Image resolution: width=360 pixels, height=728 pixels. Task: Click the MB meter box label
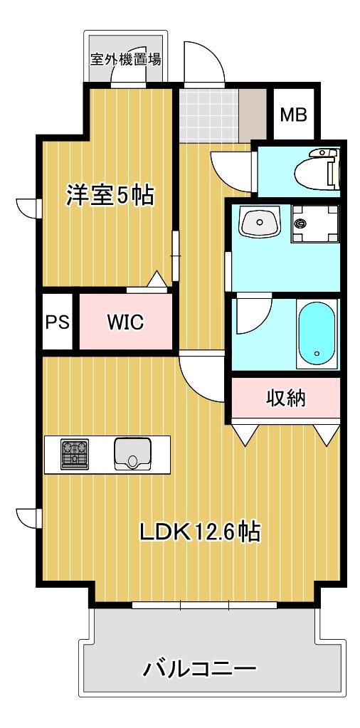tap(295, 115)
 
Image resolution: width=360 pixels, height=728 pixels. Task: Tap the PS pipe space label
tap(58, 322)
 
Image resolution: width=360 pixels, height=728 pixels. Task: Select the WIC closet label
tap(126, 322)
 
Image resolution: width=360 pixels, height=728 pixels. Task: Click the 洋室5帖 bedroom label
tap(110, 195)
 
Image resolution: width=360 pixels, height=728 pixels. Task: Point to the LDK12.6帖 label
tap(200, 532)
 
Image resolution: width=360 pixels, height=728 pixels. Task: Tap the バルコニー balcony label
tap(200, 668)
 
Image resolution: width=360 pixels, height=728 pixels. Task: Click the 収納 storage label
tap(286, 397)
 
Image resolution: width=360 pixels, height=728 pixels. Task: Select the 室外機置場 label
tap(126, 60)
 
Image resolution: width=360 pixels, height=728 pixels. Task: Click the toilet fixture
tap(317, 170)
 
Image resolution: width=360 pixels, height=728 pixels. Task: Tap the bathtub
tap(317, 333)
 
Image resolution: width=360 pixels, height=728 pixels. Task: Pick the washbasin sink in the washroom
tap(259, 222)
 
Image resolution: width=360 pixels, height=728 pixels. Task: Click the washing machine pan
tap(315, 224)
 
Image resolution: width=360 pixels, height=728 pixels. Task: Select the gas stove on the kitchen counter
tap(74, 454)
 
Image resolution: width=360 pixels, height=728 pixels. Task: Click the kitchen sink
tap(132, 454)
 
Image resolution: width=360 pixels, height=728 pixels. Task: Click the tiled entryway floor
tap(209, 115)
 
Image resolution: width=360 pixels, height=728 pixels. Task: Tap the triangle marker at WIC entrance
tap(157, 279)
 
